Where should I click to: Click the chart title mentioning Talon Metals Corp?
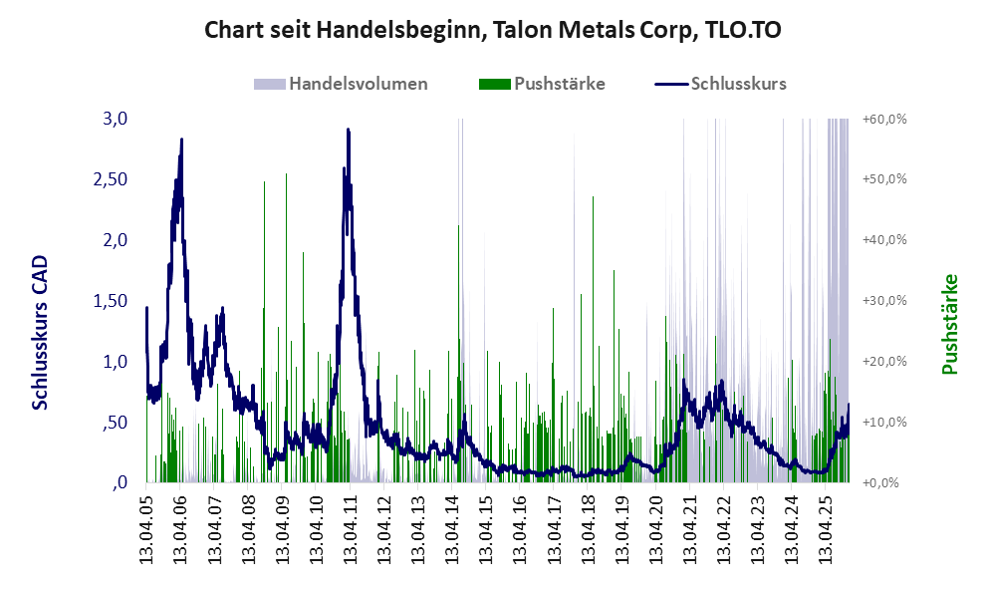(x=492, y=30)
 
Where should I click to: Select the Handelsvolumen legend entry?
(x=358, y=84)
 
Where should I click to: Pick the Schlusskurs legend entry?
(x=738, y=84)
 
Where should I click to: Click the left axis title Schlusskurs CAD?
(x=41, y=333)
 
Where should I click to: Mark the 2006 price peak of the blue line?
(x=181, y=141)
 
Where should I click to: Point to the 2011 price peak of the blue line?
(x=348, y=130)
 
